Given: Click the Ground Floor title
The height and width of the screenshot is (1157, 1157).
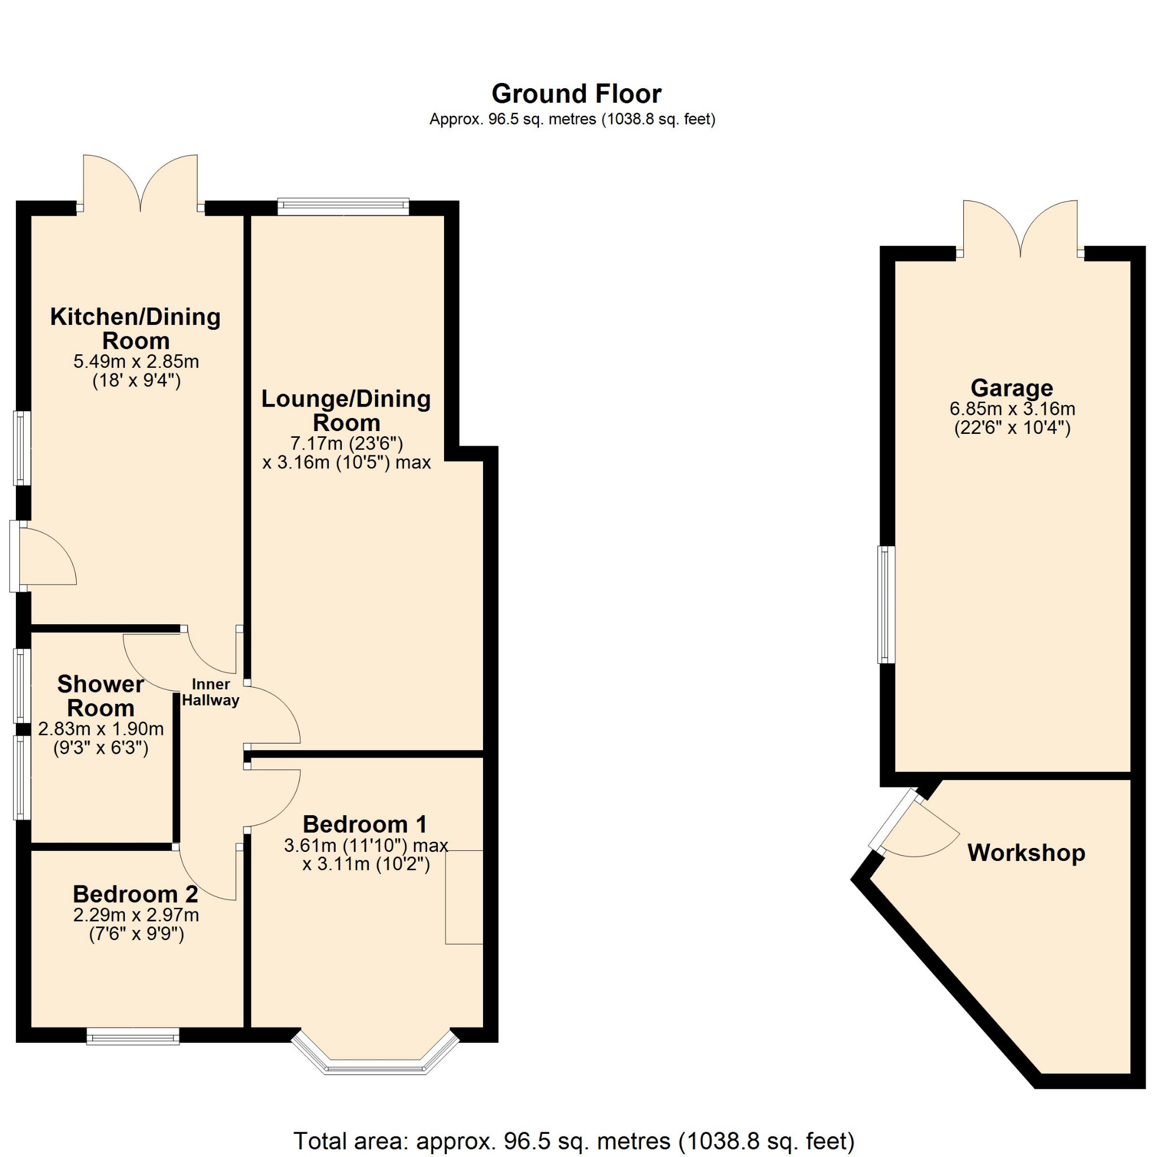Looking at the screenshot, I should click(576, 94).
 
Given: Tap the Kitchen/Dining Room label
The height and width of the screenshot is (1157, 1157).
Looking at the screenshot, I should click(136, 328).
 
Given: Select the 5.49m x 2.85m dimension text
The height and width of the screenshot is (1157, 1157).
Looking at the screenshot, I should click(136, 362).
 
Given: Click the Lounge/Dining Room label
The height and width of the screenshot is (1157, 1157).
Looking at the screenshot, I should click(346, 410).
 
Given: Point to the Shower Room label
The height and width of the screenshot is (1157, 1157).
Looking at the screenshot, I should click(101, 695).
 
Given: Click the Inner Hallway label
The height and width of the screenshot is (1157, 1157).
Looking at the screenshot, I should click(211, 692).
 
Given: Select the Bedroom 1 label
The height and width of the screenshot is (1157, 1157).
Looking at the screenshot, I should click(365, 824).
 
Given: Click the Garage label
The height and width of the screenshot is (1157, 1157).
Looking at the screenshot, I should click(1011, 388).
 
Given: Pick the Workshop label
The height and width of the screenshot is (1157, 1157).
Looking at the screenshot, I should click(1026, 852).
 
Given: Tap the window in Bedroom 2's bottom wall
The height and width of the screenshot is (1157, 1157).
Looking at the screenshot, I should click(133, 1036).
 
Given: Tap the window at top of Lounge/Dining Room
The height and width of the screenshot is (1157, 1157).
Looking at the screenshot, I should click(343, 207).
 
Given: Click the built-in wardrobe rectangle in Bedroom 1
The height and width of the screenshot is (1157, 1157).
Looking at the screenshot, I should click(463, 897).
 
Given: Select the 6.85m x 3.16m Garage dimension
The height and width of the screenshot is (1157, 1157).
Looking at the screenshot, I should click(1012, 409).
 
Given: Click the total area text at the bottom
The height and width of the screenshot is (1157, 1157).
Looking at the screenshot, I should click(574, 1140).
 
